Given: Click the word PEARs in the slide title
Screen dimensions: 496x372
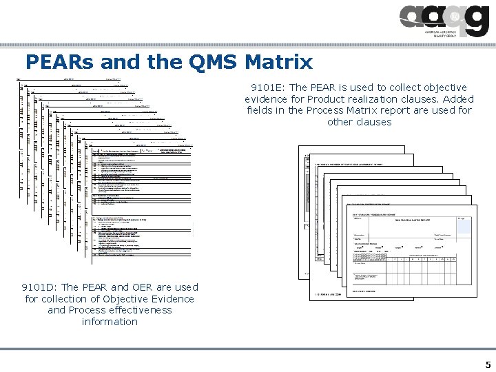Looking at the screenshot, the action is click(x=59, y=63).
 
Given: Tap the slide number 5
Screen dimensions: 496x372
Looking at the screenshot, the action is click(x=488, y=364).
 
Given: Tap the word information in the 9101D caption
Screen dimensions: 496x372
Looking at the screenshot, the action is click(x=110, y=322).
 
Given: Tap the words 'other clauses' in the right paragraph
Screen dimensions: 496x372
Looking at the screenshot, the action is click(x=359, y=122).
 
